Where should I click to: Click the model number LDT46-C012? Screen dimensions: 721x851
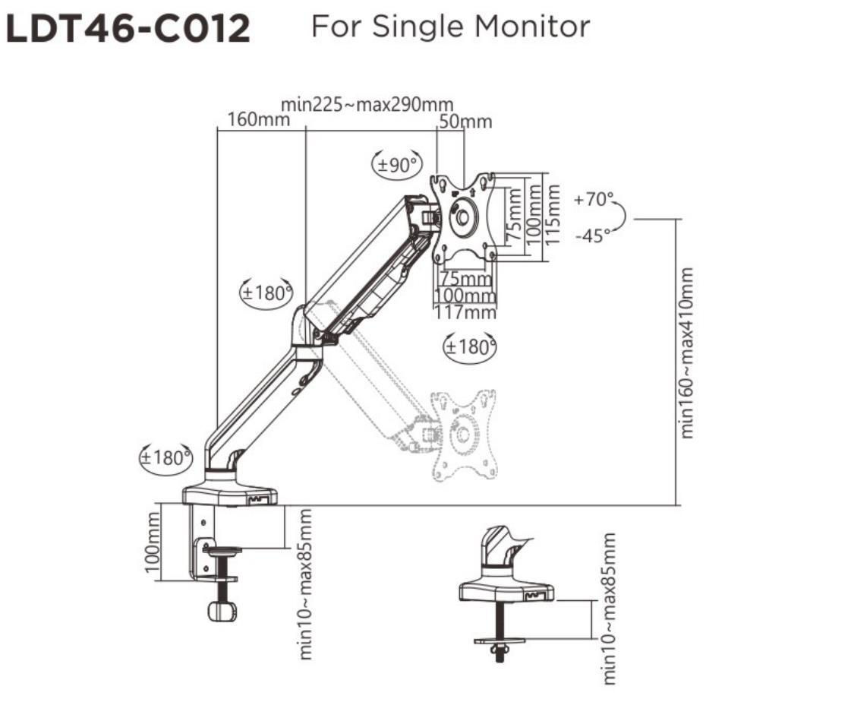[x=128, y=30]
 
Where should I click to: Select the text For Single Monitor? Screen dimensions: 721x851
[x=450, y=27]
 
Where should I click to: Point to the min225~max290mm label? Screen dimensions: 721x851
[x=367, y=104]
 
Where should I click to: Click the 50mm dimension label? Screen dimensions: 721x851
[x=465, y=122]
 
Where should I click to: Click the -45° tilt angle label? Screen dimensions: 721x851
[x=592, y=236]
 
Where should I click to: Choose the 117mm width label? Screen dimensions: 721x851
[x=465, y=311]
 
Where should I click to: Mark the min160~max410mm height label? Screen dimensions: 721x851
[x=687, y=352]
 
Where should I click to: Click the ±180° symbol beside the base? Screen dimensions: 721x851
[x=165, y=458]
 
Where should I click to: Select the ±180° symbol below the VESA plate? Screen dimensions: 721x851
[x=469, y=347]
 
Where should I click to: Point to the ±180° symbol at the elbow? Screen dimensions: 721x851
[x=266, y=293]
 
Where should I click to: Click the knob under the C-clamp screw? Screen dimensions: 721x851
[x=221, y=610]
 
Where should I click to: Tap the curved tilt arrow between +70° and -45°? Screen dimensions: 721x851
[x=621, y=218]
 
